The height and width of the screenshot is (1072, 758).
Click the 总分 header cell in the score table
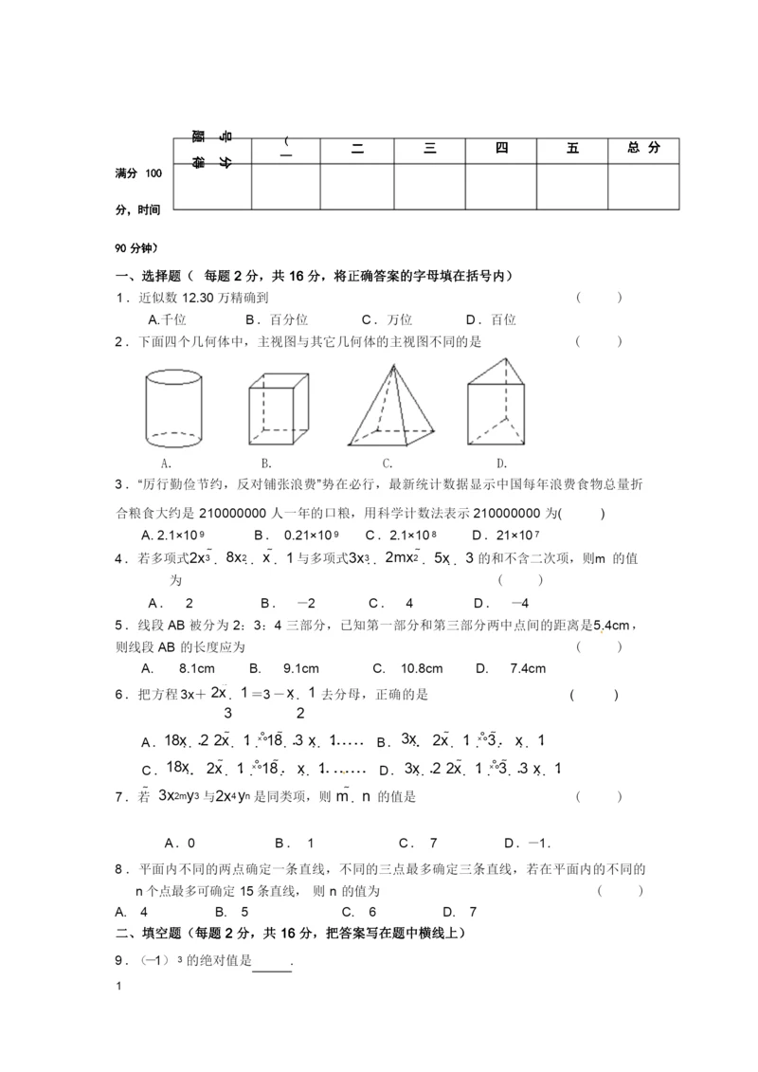643,148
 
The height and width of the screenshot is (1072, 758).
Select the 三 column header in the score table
429,148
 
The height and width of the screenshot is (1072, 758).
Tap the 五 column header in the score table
572,148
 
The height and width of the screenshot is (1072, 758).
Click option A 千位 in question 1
166,320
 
